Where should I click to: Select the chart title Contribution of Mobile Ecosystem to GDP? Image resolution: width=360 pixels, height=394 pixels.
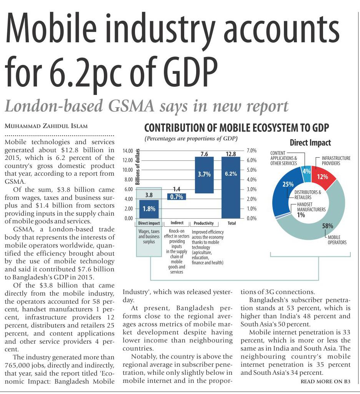236,128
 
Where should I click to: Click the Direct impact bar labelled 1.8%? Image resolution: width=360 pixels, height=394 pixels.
149,209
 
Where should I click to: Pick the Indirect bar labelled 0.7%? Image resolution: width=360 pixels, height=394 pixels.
176,197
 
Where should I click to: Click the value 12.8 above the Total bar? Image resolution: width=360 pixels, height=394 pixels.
231,154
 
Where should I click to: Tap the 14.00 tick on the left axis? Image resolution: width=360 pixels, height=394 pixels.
127,151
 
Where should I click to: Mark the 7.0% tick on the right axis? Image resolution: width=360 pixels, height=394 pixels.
251,150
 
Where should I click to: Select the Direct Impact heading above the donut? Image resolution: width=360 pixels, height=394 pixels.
310,143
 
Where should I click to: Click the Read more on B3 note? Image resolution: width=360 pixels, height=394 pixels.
325,381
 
